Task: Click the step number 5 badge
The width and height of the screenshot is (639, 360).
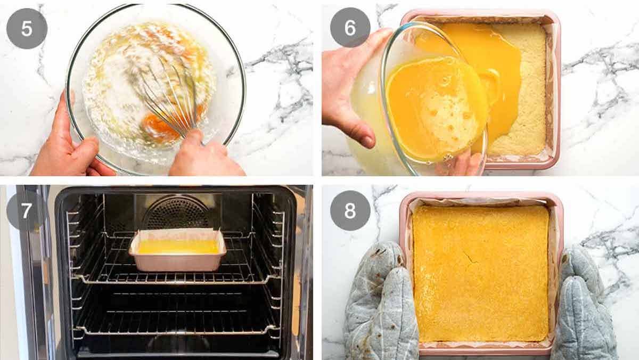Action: click(x=27, y=28)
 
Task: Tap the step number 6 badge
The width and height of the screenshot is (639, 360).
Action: click(x=350, y=28)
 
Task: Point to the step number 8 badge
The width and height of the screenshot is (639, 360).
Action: click(x=350, y=210)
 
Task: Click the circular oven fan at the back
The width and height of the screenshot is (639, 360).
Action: click(x=177, y=213)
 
